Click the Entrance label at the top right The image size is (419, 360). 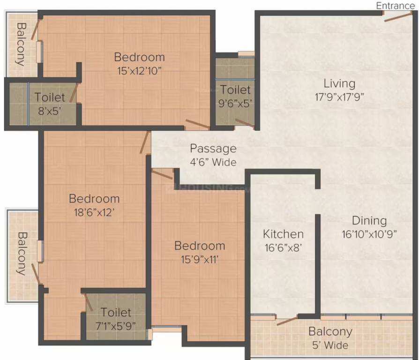pos(395,6)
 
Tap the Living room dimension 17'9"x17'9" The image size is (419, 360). pos(339,97)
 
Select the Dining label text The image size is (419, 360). pos(369,221)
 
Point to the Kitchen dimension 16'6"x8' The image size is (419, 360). pos(283,248)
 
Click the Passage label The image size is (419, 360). pos(213,149)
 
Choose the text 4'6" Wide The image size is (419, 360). pos(213,163)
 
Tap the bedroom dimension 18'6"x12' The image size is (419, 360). pos(94,212)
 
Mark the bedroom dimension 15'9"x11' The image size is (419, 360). pos(200,260)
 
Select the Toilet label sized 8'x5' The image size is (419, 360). pos(50,97)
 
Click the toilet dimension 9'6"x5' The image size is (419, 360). pos(235,104)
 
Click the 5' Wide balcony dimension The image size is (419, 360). pos(330,345)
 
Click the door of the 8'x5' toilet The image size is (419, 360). pos(73,94)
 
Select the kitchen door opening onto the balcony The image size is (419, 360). pos(287,321)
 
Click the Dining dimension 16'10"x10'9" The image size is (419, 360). pos(369,234)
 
